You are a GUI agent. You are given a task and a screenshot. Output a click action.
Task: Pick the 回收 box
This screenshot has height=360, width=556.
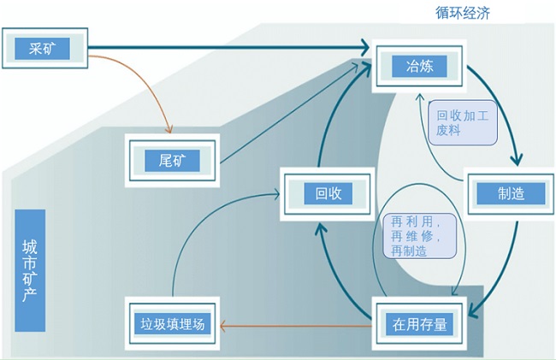coord(328,194)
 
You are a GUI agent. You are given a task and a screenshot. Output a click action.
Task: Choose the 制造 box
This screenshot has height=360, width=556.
coord(510,193)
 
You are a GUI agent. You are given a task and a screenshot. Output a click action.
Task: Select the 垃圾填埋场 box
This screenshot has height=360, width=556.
coord(174,324)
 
